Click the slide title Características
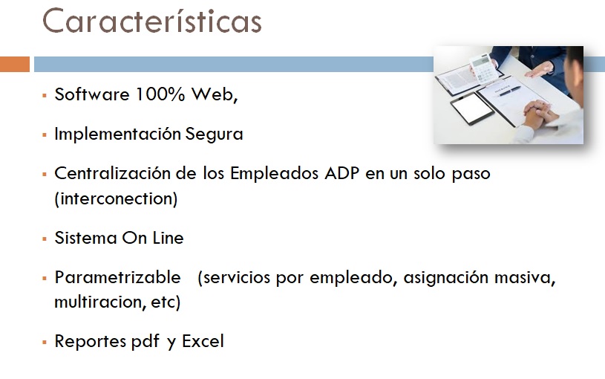coord(151,21)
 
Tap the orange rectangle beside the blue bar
coord(15,64)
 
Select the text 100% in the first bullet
coord(160,94)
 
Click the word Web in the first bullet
coord(213,94)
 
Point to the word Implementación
coord(118,135)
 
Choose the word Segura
coord(214,135)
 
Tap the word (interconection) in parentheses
coord(116,198)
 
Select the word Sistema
coord(85,238)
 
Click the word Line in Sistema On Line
coord(168,238)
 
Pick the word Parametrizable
coord(118,277)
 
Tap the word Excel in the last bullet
coord(203,341)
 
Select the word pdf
coord(145,342)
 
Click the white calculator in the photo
coord(483,68)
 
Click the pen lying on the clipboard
coord(510,91)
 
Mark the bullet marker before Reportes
coord(45,343)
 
